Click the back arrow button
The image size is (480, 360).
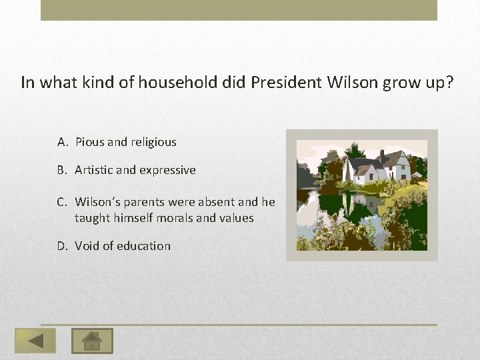coord(35,341)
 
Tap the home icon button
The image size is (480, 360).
coord(92,341)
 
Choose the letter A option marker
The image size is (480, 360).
coord(63,142)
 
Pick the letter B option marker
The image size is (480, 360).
coord(63,170)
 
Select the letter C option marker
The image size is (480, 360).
coord(63,201)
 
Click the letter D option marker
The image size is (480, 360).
coord(63,246)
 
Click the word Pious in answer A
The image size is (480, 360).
coord(89,142)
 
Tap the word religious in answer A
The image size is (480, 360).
coord(153,142)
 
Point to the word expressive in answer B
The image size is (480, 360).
coord(167,170)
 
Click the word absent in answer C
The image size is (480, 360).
coord(207,201)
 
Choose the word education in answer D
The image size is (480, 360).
coord(143,246)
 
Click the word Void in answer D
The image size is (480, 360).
coord(87,246)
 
